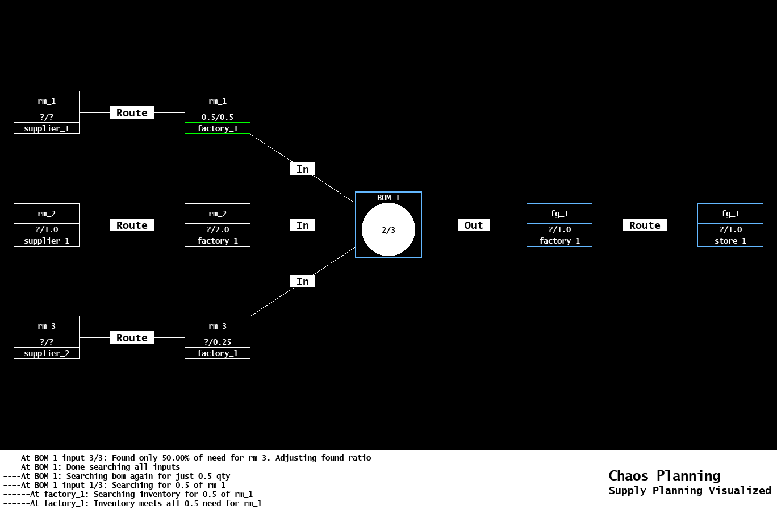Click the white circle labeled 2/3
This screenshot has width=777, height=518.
(x=389, y=229)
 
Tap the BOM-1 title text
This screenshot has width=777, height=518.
(x=389, y=198)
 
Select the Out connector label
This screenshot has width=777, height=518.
(x=474, y=225)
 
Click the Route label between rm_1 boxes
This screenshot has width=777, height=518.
(x=132, y=112)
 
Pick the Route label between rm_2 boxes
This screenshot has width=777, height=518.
(x=132, y=225)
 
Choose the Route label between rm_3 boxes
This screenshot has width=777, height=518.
(x=132, y=337)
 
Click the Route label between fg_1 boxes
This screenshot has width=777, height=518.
(x=645, y=225)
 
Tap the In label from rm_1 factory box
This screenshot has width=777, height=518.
(x=303, y=169)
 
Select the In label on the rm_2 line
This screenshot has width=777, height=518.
(x=303, y=225)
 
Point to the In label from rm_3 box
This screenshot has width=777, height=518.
(x=303, y=281)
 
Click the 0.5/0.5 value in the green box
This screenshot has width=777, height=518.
(x=218, y=117)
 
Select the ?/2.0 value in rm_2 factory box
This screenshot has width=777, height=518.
(x=218, y=229)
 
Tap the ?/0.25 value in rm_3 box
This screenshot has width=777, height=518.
(x=218, y=342)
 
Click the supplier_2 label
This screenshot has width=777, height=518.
(x=47, y=353)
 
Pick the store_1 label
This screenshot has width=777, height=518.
(x=730, y=241)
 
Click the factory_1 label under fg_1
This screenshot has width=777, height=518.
(x=559, y=241)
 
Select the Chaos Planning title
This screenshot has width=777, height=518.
(x=664, y=475)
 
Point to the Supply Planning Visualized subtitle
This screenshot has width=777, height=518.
(x=690, y=490)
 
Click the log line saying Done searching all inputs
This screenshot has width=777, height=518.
(x=91, y=467)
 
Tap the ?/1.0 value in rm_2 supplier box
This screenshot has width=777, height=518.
(x=47, y=229)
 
